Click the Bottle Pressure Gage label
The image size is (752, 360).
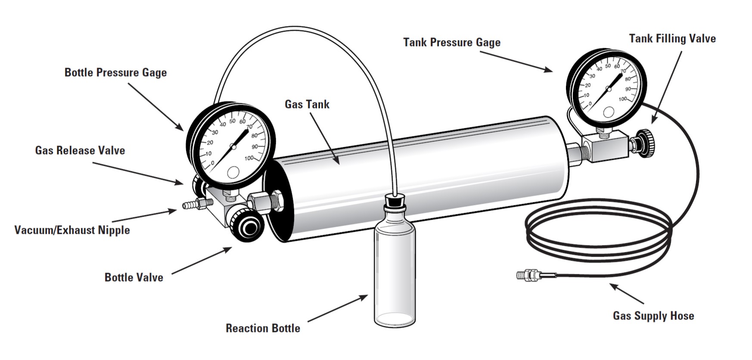pos(115,72)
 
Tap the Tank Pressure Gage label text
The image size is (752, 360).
pos(452,43)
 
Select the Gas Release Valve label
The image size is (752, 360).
pos(80,151)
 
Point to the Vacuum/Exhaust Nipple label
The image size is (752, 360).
pos(72,230)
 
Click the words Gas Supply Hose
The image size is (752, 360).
pos(653,316)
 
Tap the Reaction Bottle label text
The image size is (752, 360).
pos(263,329)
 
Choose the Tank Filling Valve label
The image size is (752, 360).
pos(672,39)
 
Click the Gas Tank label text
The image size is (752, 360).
pos(307,104)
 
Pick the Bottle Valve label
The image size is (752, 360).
pos(134,277)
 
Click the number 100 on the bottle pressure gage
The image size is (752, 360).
pos(249,158)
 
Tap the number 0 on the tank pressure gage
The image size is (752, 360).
pos(590,103)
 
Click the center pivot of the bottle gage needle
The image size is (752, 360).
pos(233,147)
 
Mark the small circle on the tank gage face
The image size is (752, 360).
pos(609,112)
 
